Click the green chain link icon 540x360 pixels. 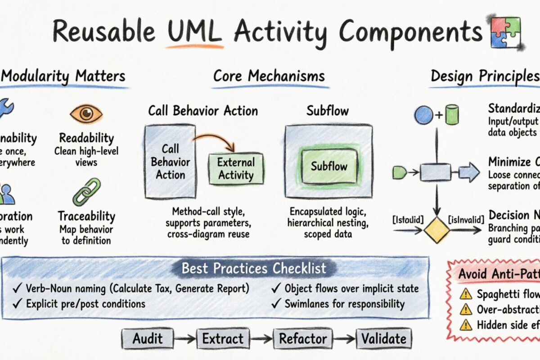pos(86,192)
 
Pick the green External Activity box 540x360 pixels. pos(236,169)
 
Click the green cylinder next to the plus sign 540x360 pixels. pos(452,114)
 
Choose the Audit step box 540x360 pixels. pos(147,338)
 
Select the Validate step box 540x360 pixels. pos(384,338)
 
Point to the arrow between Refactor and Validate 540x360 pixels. pos(344,339)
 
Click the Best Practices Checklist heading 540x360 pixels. pos(254,269)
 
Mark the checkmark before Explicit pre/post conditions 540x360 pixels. pos(18,304)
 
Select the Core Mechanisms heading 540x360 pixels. pos(269,76)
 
